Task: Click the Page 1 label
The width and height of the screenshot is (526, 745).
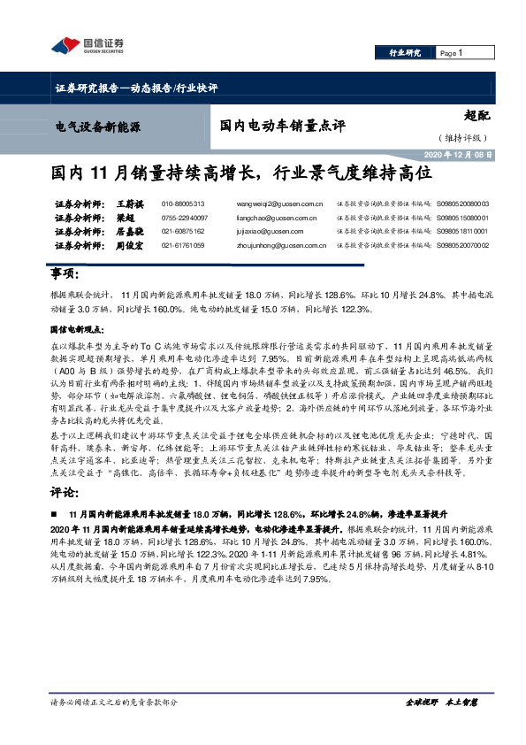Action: coord(452,54)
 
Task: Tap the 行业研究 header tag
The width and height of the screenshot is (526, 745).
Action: coord(406,54)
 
